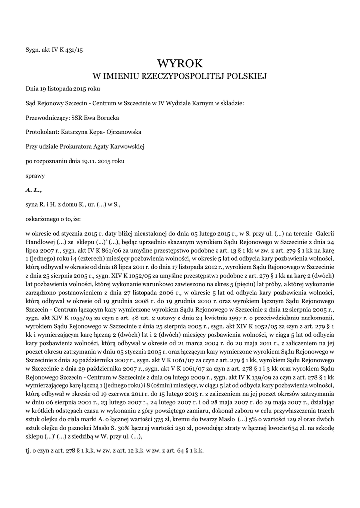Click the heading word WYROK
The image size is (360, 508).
(x=180, y=63)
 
